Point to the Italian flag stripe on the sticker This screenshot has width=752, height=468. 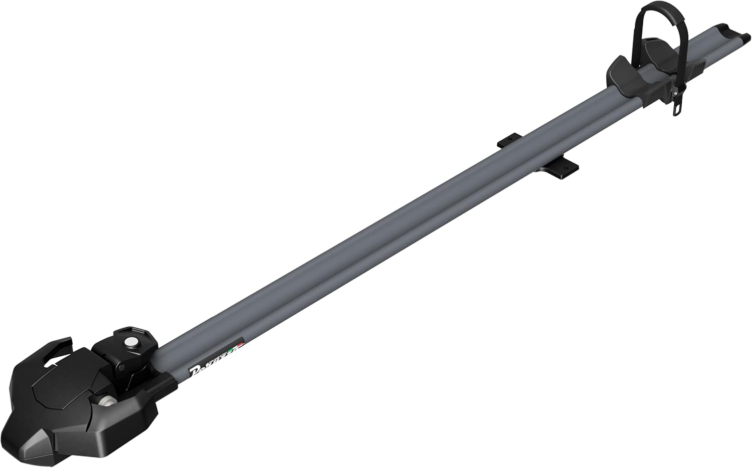click(x=237, y=347)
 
